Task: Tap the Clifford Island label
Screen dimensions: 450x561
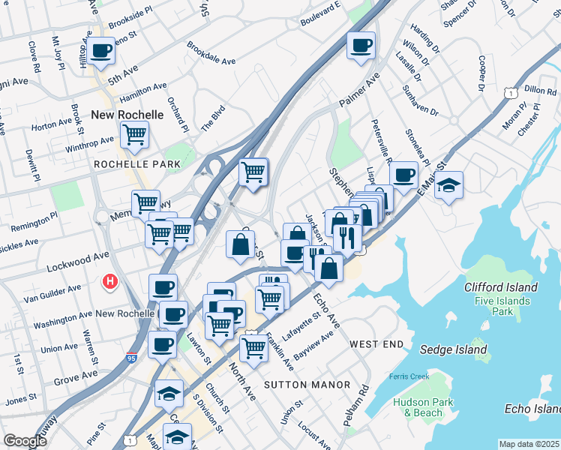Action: tap(501, 287)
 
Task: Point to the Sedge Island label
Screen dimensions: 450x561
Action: tap(453, 349)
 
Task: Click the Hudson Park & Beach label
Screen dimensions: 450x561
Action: tap(418, 407)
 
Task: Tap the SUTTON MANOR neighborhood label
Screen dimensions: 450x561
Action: tap(307, 385)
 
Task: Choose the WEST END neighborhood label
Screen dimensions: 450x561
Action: tap(376, 343)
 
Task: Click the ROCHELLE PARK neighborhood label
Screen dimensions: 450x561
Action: tap(137, 163)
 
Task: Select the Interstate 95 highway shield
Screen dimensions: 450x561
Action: tap(132, 358)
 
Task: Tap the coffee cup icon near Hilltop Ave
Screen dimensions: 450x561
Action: tap(100, 51)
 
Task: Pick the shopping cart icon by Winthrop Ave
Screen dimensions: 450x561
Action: tap(134, 135)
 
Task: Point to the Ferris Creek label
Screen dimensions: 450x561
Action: tap(408, 376)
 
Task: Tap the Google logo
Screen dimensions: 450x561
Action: tap(25, 441)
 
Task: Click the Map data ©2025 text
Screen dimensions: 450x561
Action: tap(529, 444)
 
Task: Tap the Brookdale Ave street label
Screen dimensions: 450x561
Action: tap(211, 52)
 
